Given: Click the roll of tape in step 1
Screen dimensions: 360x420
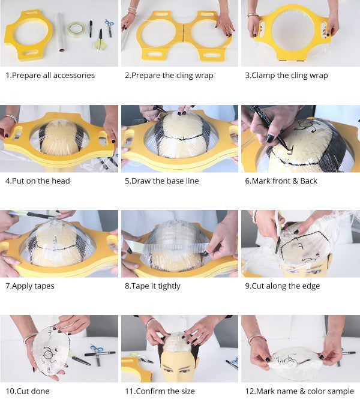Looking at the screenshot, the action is [x=76, y=29].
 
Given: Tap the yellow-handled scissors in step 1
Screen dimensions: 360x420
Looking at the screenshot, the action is [x=100, y=40].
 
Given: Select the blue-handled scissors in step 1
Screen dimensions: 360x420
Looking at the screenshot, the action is [x=109, y=28].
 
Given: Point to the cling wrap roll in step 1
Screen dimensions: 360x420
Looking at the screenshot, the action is [x=61, y=32].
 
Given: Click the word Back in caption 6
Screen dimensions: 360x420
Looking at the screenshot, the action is [x=308, y=181].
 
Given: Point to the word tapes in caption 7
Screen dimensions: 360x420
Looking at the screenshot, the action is [x=45, y=286].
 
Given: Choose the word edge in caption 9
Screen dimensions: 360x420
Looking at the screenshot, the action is [x=311, y=286].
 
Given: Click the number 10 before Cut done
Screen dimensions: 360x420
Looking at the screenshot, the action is [x=10, y=391].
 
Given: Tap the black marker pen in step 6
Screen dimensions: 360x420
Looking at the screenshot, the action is [x=270, y=127].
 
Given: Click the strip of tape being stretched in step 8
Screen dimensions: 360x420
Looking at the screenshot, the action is [x=166, y=247].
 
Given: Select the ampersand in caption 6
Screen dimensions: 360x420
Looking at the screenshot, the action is [x=295, y=181].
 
